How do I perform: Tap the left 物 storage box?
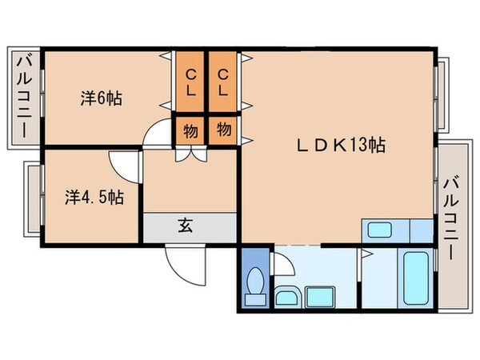(x=190, y=130)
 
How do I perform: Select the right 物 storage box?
(x=224, y=130)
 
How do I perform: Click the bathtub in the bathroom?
(x=416, y=278)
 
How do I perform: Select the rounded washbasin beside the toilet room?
(x=287, y=298)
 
